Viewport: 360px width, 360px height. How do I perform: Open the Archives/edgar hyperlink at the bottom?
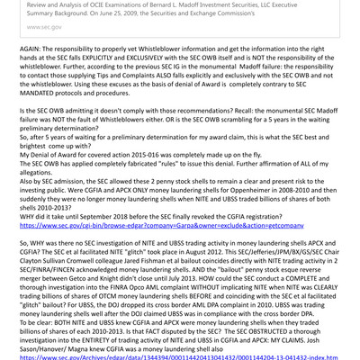point(180,359)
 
